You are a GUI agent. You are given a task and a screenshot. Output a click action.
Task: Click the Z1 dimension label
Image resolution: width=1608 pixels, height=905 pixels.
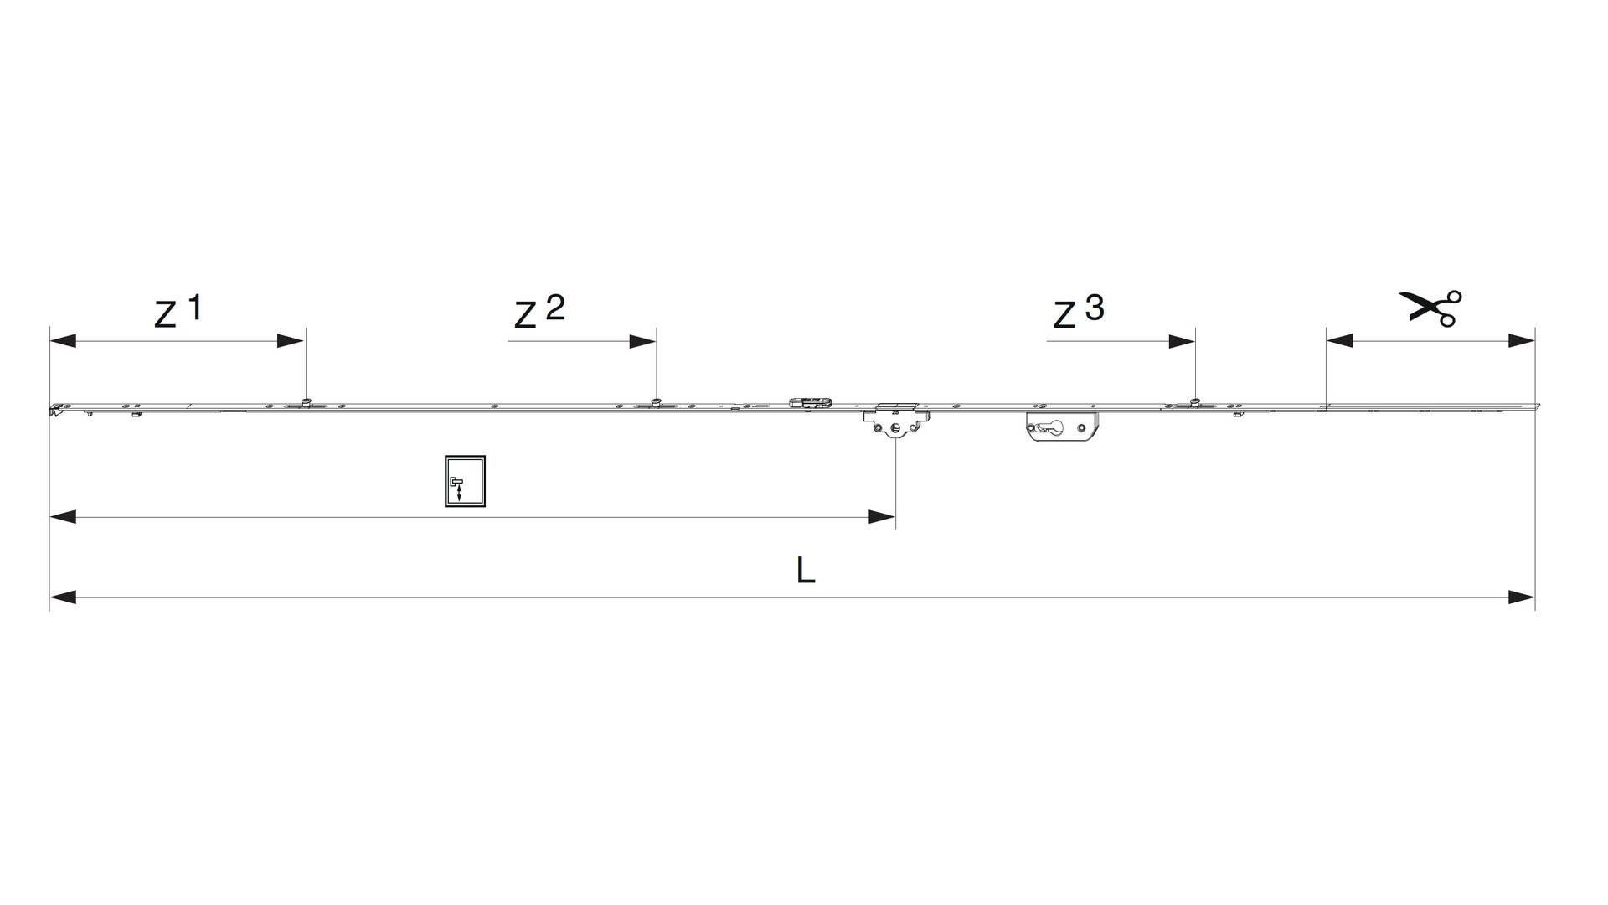[178, 311]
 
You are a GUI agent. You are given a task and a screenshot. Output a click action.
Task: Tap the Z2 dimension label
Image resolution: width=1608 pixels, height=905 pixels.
[539, 312]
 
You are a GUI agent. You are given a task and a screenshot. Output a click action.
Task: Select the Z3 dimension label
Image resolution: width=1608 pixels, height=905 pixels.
[1079, 312]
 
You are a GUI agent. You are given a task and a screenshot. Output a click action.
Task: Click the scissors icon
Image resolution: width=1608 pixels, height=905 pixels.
[1430, 308]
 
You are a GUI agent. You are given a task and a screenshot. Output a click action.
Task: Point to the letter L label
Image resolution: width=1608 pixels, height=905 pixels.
[805, 571]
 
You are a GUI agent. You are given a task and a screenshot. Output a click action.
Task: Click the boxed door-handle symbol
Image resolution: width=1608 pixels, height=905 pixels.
[465, 482]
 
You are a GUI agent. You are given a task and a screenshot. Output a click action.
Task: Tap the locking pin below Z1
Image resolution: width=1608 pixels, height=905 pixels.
[307, 400]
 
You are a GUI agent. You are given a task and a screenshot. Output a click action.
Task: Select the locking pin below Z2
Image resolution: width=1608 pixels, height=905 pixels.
[657, 400]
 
